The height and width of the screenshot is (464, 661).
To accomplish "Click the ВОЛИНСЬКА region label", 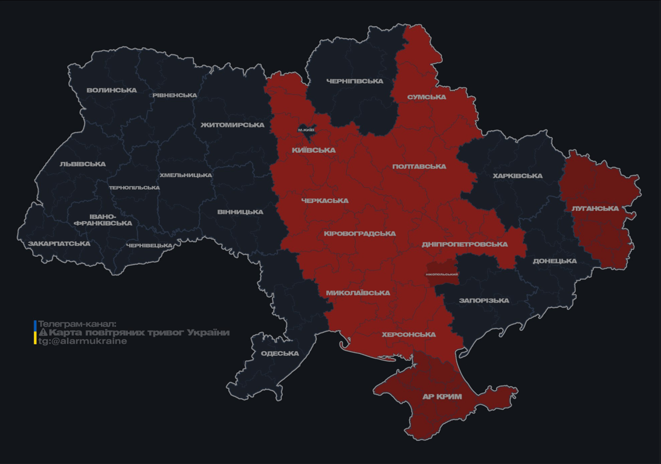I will pyautogui.click(x=112, y=91).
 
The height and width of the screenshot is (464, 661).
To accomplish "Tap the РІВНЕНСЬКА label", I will pyautogui.click(x=175, y=95).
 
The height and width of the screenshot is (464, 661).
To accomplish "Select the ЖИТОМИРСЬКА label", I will pyautogui.click(x=233, y=125).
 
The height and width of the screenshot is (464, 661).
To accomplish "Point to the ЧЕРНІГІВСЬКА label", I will pyautogui.click(x=355, y=81).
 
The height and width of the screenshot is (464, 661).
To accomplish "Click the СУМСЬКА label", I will pyautogui.click(x=427, y=97).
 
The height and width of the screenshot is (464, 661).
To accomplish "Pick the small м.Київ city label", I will pyautogui.click(x=306, y=130).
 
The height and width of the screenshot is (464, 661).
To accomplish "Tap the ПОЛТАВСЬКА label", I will pyautogui.click(x=419, y=167).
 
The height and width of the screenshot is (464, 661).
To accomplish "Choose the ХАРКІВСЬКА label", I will pyautogui.click(x=517, y=176).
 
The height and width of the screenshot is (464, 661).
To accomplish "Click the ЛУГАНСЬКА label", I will pyautogui.click(x=595, y=208).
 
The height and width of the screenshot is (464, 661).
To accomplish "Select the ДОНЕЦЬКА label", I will pyautogui.click(x=555, y=261).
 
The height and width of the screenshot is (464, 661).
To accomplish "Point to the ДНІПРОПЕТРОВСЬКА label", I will pyautogui.click(x=465, y=245).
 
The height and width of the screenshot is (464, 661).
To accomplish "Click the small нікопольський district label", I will pyautogui.click(x=442, y=274).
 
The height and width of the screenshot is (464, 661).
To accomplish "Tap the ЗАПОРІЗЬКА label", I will pyautogui.click(x=484, y=300).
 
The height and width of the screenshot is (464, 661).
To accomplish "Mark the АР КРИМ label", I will pyautogui.click(x=442, y=397).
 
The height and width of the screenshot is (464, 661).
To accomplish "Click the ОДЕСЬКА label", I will pyautogui.click(x=280, y=353).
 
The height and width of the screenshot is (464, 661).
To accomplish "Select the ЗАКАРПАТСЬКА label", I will pyautogui.click(x=59, y=244).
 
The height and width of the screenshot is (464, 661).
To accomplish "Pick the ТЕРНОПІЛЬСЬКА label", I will pyautogui.click(x=134, y=188).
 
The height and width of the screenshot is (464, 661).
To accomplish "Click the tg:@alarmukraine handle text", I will pyautogui.click(x=83, y=341).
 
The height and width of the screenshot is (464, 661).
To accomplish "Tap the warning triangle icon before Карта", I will pyautogui.click(x=43, y=333).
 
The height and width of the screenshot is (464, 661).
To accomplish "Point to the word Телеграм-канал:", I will pyautogui.click(x=77, y=324).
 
